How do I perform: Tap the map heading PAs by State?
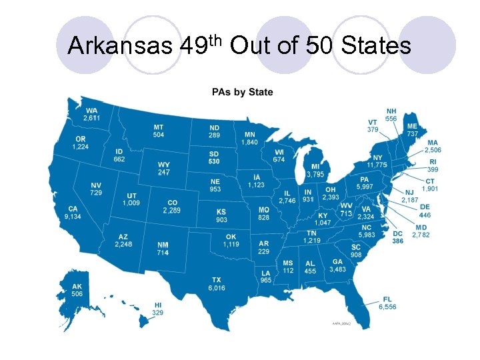[242, 92]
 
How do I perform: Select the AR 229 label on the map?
[264, 247]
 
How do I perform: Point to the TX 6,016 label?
[217, 284]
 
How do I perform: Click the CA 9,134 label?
[73, 213]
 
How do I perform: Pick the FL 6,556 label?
[387, 303]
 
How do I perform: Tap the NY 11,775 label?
[377, 161]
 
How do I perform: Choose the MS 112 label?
[288, 267]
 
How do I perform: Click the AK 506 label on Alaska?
[77, 290]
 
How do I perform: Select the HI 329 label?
[158, 309]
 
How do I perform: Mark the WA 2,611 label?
[91, 114]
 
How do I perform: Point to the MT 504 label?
[159, 131]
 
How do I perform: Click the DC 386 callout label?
[398, 237]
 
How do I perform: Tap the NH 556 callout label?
[391, 115]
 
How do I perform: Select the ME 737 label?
[413, 130]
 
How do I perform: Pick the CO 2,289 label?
[172, 207]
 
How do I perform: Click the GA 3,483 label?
[337, 265]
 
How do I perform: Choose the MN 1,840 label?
[249, 139]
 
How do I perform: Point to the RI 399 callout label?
[433, 165]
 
